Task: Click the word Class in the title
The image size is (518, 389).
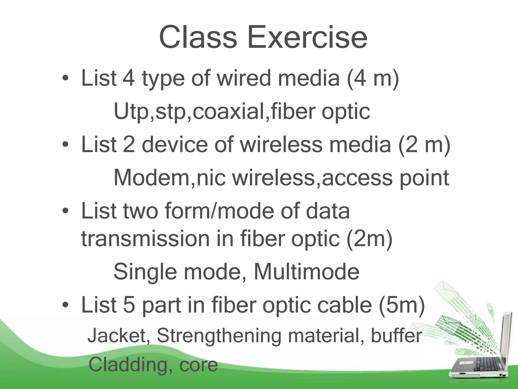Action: [198, 37]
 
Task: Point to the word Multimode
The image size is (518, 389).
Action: [306, 271]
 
